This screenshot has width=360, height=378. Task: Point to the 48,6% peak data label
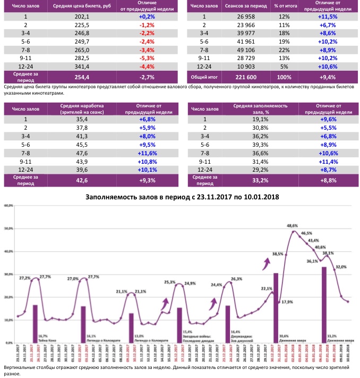point(292,226)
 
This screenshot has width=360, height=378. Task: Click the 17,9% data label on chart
point(287,302)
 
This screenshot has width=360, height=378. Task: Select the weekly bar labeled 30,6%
point(276,308)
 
